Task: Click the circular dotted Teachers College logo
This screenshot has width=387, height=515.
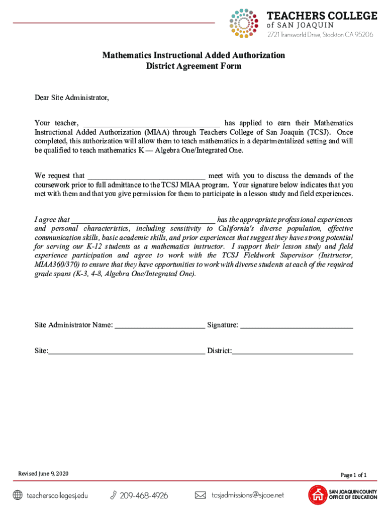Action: [243, 23]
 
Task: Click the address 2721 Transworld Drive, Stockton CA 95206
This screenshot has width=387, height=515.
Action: [320, 35]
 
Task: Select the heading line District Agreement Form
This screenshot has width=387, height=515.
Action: [193, 66]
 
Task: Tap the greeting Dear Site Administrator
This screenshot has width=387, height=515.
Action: [71, 98]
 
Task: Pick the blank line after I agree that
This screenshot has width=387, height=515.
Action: [143, 220]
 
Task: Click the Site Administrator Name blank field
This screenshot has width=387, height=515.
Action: [160, 325]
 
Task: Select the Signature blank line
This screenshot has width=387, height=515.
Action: [297, 325]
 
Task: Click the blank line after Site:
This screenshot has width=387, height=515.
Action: [127, 351]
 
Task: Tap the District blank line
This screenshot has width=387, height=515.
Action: [293, 351]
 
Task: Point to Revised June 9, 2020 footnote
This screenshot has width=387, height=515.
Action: [43, 474]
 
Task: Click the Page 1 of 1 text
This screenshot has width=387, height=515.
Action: [353, 475]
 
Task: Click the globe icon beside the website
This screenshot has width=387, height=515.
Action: [18, 495]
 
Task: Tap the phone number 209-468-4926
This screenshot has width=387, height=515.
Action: [144, 496]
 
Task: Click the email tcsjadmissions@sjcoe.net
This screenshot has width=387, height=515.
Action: [248, 495]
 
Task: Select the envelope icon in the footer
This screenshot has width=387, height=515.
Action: [200, 495]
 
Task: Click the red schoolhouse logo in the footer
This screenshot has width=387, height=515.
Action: [317, 495]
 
